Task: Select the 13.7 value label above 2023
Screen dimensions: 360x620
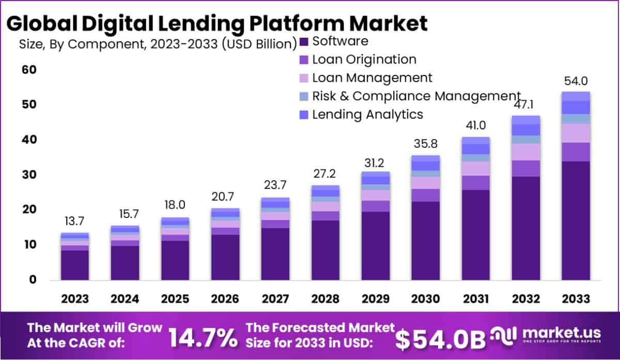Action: [x=75, y=222]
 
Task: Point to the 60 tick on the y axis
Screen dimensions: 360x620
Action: [x=28, y=70]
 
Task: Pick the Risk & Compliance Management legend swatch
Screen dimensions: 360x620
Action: [x=304, y=96]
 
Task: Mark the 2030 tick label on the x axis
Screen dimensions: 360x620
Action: [x=425, y=299]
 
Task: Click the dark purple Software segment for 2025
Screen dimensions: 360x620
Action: [x=175, y=260]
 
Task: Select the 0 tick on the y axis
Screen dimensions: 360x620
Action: [x=33, y=280]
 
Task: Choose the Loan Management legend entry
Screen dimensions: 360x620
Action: [x=372, y=77]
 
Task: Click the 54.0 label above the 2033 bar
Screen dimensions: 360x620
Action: [x=576, y=81]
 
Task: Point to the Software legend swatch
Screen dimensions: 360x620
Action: [x=304, y=41]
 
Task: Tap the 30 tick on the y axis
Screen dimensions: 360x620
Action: [x=28, y=175]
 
